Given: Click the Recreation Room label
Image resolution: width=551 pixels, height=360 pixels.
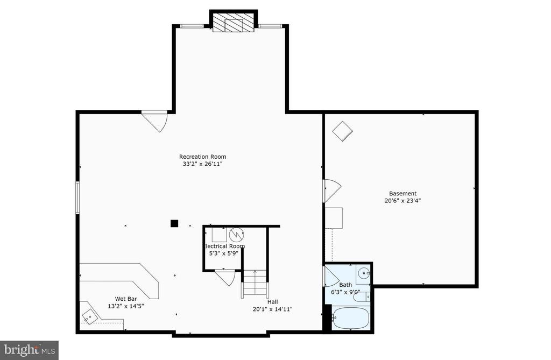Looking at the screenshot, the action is point(202,157).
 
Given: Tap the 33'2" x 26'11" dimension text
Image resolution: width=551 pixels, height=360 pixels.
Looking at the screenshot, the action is point(202,164).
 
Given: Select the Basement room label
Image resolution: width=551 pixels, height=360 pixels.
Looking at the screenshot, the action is point(402,193).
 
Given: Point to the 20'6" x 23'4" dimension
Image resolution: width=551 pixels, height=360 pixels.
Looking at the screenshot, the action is point(402,201).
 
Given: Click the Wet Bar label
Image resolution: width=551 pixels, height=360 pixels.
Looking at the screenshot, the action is point(126,299).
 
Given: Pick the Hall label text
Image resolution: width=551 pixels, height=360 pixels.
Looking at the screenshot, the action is point(272,302).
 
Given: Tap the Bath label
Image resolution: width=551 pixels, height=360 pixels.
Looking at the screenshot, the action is point(345,285).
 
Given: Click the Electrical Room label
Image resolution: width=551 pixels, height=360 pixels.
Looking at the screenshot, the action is point(224,246).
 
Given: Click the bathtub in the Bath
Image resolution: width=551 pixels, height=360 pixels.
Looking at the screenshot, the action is point(350,317).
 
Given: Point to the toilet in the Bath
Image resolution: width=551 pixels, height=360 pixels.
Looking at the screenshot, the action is point(362,297).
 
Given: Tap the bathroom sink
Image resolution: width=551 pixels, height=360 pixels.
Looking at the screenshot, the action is point(363,273).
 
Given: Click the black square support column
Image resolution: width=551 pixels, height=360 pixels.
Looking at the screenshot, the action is point(174,223).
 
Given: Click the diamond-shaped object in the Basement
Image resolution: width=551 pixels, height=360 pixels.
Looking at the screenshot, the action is point(343,131).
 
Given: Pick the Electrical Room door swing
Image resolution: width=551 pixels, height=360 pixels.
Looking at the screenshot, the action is point(225,278).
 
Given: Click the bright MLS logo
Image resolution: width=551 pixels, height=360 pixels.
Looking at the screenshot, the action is point(29,350).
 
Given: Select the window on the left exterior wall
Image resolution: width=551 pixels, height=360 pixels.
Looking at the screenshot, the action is point(77,197).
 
